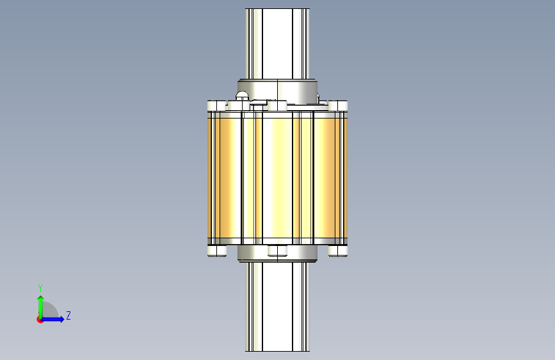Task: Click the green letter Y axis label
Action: pos(40,288)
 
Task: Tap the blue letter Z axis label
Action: pos(68,315)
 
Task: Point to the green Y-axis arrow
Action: pos(41,307)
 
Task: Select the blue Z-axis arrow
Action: pos(52,319)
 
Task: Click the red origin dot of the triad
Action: pos(40,320)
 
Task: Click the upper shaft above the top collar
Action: pos(278,44)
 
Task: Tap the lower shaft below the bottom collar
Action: pos(278,307)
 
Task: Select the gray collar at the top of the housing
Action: pos(278,92)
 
